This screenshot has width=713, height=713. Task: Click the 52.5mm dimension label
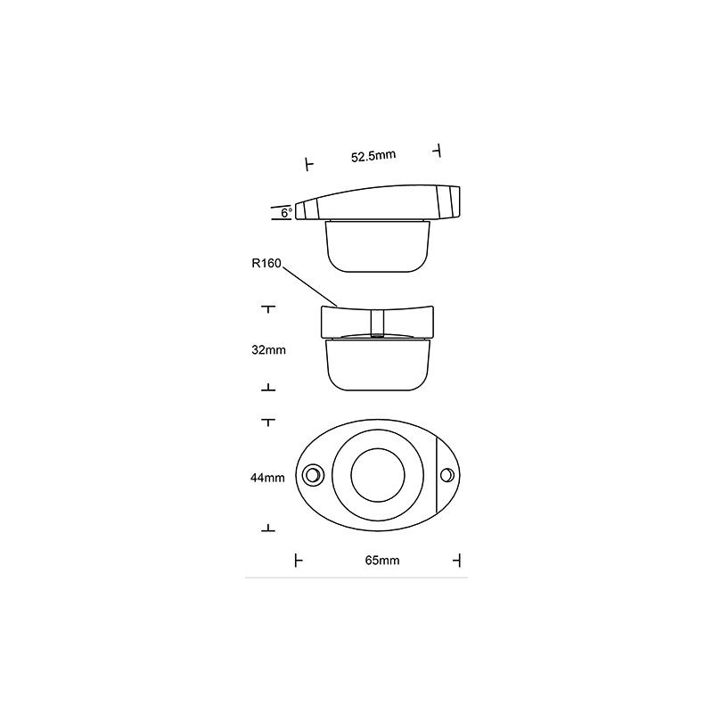[373, 157]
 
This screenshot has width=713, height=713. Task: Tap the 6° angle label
[285, 213]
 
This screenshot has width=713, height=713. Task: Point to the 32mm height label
[268, 350]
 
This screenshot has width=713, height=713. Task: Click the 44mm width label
[267, 478]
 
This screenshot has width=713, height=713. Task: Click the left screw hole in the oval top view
[313, 475]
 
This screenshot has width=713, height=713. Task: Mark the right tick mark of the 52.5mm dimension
[437, 151]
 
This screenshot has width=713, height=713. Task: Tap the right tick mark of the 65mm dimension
[458, 560]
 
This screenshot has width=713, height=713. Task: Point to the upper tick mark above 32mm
[267, 308]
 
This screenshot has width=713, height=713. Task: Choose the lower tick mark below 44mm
[267, 529]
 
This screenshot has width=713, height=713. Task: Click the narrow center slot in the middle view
[377, 321]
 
